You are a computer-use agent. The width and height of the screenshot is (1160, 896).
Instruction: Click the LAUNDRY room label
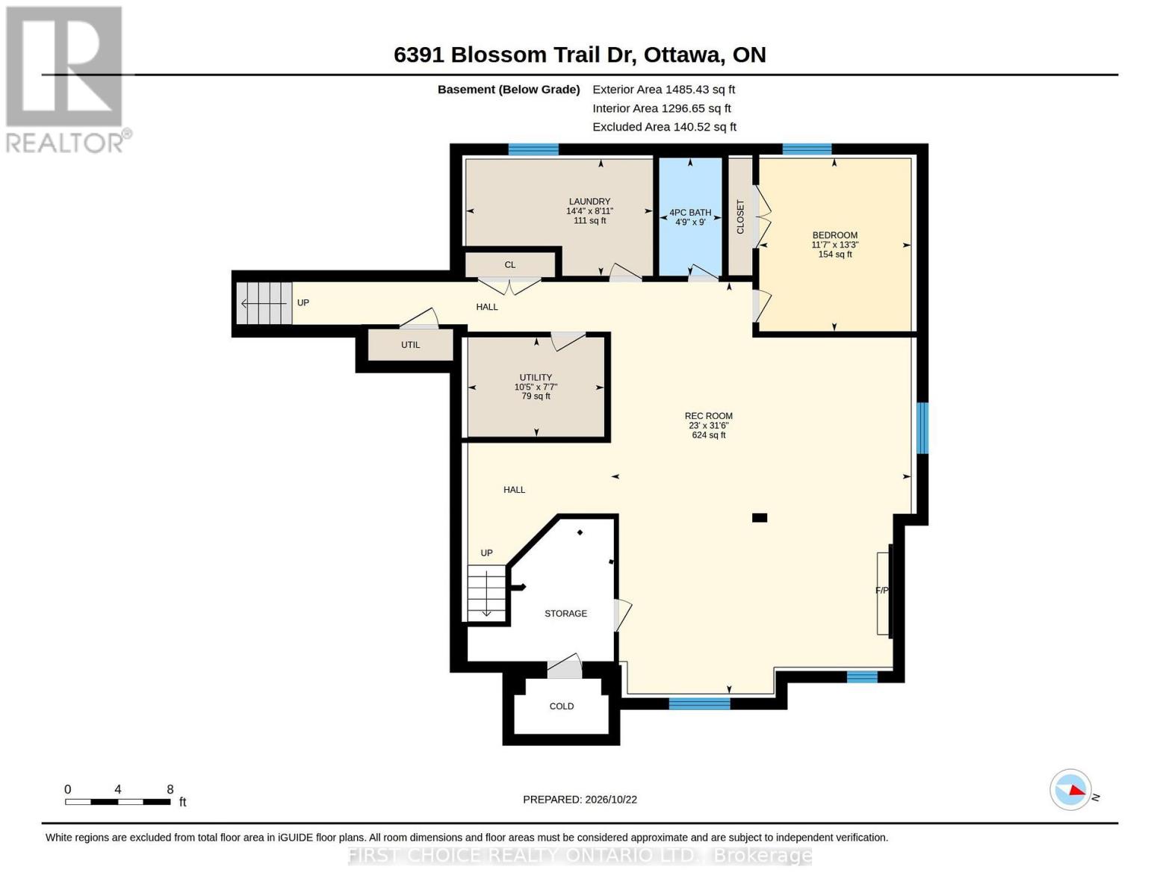(589, 201)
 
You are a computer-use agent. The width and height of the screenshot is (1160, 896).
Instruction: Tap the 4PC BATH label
(690, 212)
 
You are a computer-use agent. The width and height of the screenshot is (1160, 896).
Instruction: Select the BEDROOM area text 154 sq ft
(835, 254)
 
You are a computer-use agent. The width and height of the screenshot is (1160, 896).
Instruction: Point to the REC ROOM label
(708, 416)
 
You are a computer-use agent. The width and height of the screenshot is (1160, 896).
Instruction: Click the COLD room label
(562, 706)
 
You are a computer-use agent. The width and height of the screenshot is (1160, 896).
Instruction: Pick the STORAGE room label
(565, 613)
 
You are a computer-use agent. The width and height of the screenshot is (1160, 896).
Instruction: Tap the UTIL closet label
(411, 345)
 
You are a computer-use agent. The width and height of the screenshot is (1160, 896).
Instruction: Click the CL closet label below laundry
(510, 264)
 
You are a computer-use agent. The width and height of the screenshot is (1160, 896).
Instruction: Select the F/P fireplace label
(881, 590)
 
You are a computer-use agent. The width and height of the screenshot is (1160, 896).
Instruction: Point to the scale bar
(118, 801)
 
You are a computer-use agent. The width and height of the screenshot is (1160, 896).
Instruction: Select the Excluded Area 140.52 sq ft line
(664, 126)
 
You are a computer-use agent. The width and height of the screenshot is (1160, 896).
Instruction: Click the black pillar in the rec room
(759, 517)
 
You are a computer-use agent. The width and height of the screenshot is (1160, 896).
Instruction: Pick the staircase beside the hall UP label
(264, 303)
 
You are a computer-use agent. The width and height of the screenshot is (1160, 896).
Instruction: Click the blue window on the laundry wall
(533, 149)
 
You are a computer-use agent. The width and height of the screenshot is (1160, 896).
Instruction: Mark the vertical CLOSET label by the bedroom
(740, 217)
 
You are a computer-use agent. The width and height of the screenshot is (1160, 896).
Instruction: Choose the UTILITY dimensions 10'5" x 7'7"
(536, 387)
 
